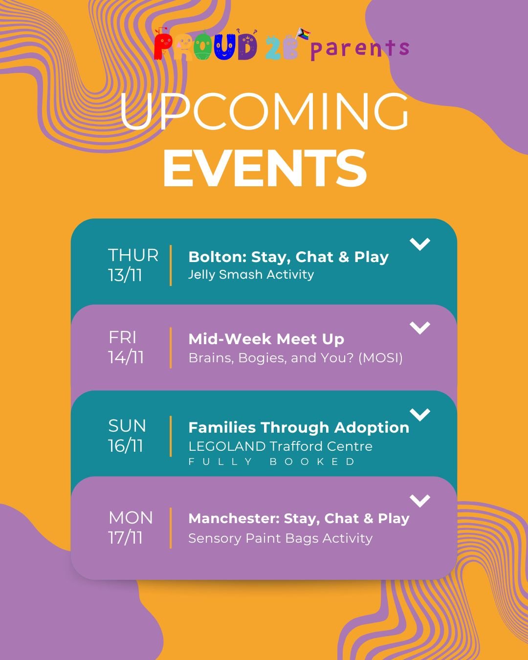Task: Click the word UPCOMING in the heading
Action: point(264,111)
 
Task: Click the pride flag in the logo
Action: point(303,34)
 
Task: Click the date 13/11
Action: point(125,275)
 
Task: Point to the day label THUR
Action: point(133,255)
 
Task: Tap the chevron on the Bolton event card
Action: point(420,243)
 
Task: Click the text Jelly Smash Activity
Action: point(251,274)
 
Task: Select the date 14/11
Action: point(126,357)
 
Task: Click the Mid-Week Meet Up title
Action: point(266,339)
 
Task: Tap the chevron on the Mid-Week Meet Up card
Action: point(420,328)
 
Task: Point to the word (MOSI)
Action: point(380,358)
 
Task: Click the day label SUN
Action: point(127,426)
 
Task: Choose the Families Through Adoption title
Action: point(299,427)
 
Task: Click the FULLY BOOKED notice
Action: point(272,462)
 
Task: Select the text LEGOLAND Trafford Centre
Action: point(280,446)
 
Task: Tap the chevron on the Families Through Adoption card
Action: point(420,414)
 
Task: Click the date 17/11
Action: point(125,538)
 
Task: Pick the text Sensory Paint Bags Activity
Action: point(280,538)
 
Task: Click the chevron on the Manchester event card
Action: point(420,501)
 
